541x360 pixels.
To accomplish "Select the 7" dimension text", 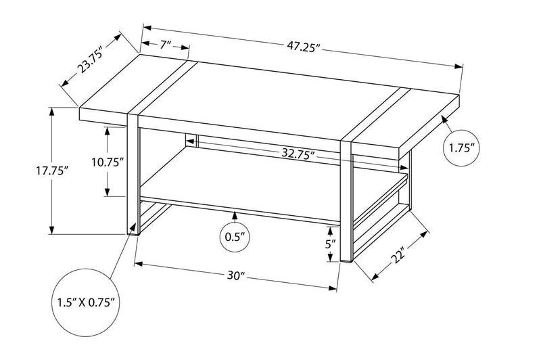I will coord(165,45).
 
